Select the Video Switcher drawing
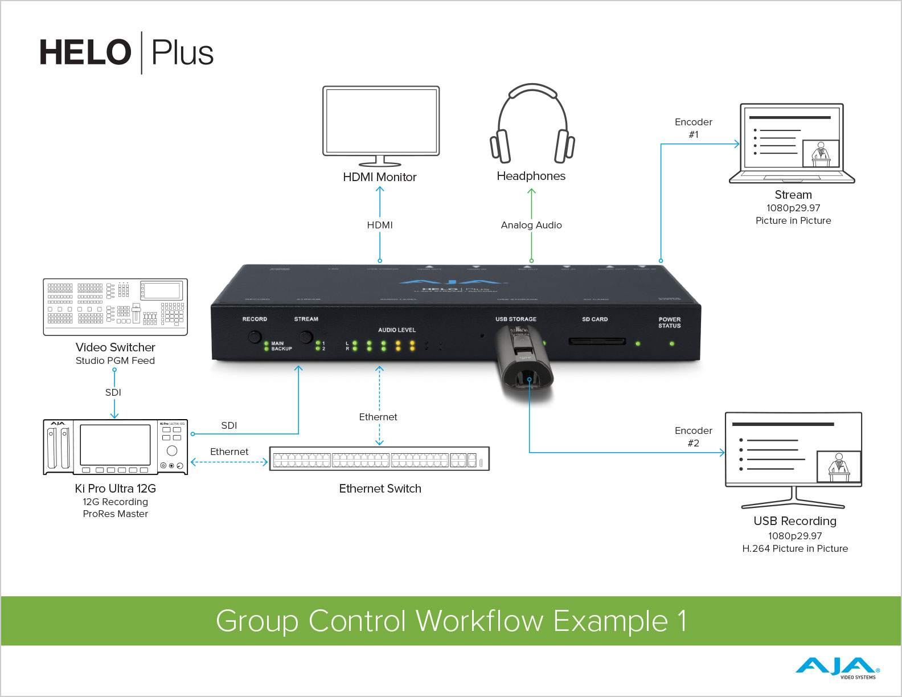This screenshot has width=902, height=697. click(116, 307)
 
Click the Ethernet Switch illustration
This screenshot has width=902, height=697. click(379, 459)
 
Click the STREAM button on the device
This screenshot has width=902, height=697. click(306, 337)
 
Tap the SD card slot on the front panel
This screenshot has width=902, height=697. click(597, 342)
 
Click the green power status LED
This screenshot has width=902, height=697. click(672, 344)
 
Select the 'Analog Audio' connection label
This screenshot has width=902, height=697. click(531, 225)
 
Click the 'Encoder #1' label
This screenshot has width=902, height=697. click(693, 128)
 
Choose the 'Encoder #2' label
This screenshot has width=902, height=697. click(693, 437)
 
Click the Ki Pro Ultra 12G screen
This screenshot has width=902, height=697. click(115, 445)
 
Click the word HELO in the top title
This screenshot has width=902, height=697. click(85, 53)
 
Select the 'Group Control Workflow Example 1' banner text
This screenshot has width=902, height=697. click(451, 621)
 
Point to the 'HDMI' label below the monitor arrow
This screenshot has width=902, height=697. click(380, 225)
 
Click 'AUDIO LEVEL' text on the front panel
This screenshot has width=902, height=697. click(397, 330)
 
